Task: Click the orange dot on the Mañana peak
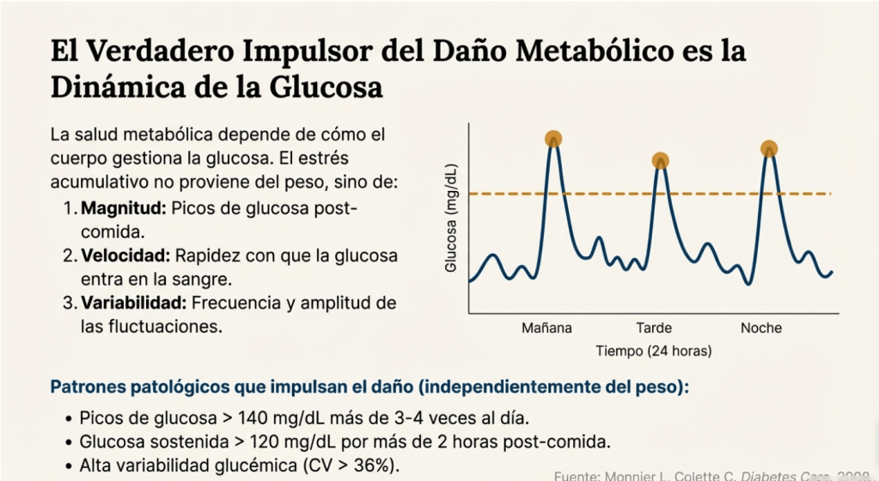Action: point(553,139)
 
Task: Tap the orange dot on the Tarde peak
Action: point(660,160)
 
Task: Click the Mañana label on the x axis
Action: point(546,328)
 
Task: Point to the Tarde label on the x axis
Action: point(654,328)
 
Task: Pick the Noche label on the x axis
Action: point(761,328)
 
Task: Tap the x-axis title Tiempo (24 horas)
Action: point(654,351)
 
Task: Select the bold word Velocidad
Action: point(127,256)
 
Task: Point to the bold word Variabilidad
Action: point(132,303)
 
